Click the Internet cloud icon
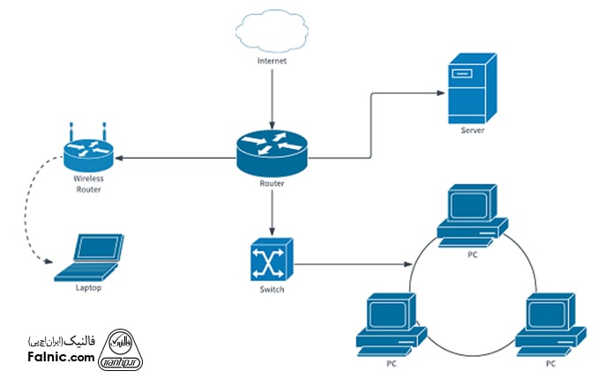click(x=272, y=33)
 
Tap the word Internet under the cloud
click(x=272, y=62)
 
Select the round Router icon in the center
click(x=272, y=149)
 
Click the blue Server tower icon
click(x=471, y=89)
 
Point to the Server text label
click(x=472, y=131)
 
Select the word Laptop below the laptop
click(x=90, y=288)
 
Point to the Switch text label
click(x=272, y=290)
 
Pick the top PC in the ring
click(x=474, y=214)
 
